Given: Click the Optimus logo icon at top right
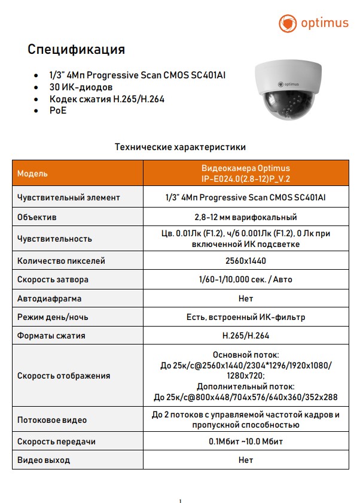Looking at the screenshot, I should click(x=288, y=24).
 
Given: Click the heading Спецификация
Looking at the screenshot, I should click(x=76, y=49).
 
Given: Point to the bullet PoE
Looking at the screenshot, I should click(x=58, y=111).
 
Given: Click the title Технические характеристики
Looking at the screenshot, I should click(x=180, y=147).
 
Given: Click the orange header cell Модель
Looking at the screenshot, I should click(x=33, y=173).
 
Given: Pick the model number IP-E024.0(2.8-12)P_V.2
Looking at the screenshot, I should click(x=246, y=179).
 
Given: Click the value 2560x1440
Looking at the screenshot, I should click(x=246, y=261).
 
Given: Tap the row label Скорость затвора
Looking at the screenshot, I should click(x=53, y=279).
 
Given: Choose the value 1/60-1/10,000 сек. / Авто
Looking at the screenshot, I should click(x=246, y=279).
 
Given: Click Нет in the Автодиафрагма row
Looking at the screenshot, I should click(x=246, y=298).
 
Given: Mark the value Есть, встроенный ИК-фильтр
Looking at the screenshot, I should click(x=246, y=317).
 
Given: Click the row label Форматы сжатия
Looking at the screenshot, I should click(x=51, y=336).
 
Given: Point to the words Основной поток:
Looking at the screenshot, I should click(x=246, y=355).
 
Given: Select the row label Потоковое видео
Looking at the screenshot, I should click(x=52, y=420).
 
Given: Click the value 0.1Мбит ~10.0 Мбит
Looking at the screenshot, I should click(x=246, y=441).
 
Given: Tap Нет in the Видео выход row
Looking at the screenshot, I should click(x=246, y=460).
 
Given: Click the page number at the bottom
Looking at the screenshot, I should click(x=180, y=501).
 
